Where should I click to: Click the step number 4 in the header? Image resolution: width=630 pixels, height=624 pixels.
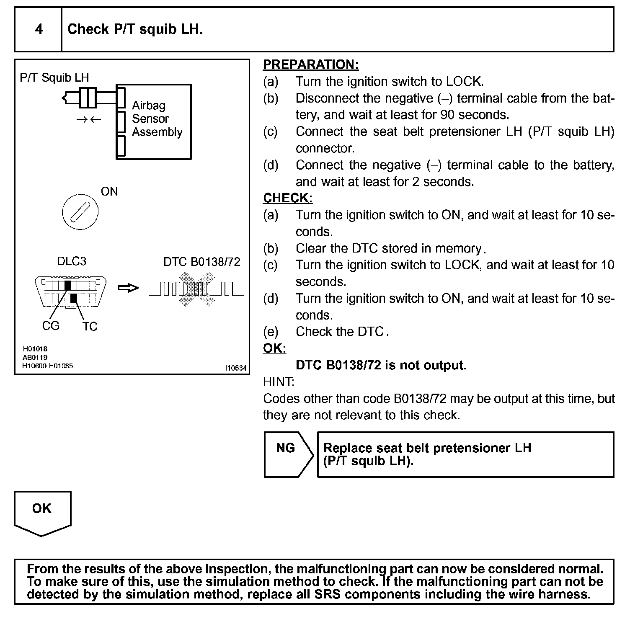39,29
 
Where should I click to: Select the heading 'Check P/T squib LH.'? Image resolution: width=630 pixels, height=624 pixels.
135,29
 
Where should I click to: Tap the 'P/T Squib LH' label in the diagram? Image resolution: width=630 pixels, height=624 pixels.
54,77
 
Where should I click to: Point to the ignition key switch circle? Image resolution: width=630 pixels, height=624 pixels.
80,211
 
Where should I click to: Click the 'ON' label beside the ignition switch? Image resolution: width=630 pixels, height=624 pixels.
109,191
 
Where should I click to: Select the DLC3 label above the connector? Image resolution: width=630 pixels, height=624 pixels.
72,261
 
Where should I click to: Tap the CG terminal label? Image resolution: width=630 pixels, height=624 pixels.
51,326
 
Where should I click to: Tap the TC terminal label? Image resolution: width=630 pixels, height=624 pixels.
90,327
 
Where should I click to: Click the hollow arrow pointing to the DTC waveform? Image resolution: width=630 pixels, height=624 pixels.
128,288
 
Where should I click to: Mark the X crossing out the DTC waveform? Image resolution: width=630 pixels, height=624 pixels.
196,289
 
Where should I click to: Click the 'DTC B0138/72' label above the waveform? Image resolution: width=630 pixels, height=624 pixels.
202,262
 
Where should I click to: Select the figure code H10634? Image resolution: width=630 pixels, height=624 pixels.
234,368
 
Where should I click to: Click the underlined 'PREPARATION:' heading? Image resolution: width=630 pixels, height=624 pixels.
311,64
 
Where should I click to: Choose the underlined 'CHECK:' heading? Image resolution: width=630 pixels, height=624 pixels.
288,198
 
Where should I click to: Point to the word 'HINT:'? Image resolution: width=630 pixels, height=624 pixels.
279,382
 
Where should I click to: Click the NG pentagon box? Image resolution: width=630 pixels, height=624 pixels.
287,454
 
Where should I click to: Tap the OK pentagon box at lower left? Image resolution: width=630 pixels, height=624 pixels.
42,512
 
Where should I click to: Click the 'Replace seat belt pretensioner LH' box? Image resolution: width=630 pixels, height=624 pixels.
465,454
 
